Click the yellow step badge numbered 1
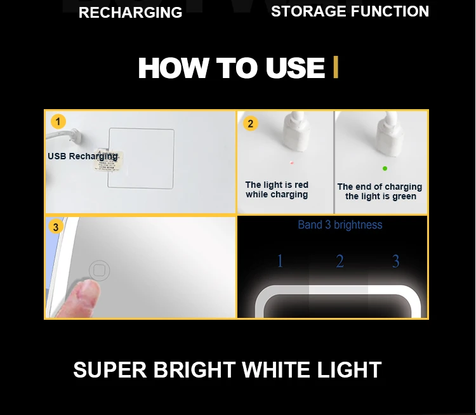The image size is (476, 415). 58,121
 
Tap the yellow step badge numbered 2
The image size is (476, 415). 251,124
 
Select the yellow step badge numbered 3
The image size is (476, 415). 56,227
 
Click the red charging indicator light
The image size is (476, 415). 292,163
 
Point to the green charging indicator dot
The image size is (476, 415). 385,169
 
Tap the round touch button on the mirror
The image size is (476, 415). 100,270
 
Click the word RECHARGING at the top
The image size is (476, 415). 130,13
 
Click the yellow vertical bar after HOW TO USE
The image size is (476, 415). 336,67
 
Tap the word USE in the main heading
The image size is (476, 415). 295,67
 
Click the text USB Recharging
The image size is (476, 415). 83,156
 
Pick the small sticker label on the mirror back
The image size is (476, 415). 109,160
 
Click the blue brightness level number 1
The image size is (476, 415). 280,261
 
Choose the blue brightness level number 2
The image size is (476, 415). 340,261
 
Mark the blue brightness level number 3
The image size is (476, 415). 395,261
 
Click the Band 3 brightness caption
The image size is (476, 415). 340,225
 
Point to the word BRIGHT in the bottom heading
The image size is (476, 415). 194,370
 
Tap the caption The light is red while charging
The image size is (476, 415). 277,190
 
